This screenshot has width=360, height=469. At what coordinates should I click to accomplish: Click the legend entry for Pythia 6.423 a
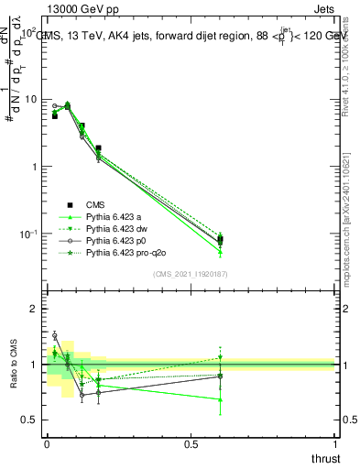115,216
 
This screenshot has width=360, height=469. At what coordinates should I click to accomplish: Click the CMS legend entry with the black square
96,204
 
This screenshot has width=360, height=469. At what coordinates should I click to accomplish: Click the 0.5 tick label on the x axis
191,443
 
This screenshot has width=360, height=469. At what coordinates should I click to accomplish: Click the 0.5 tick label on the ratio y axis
28,420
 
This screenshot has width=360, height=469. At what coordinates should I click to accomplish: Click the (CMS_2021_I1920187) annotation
190,274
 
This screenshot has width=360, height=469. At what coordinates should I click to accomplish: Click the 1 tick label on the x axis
334,443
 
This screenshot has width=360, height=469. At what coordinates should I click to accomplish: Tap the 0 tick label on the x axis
47,443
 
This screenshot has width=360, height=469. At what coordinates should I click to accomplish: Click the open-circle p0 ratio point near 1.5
54,336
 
